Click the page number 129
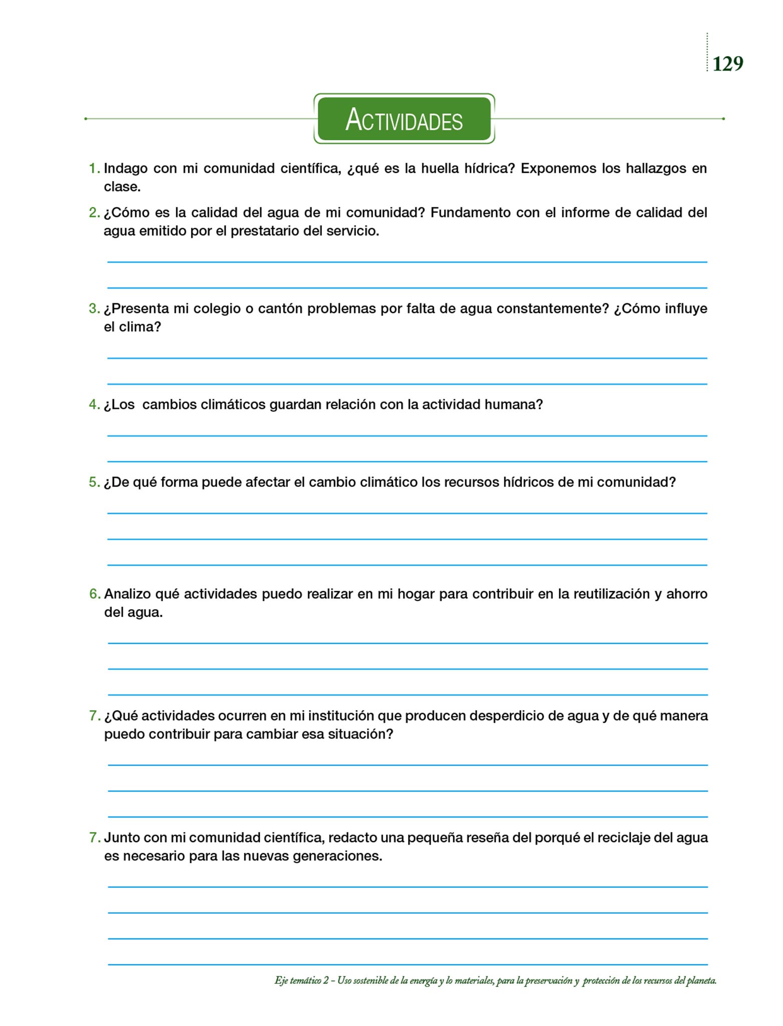(727, 64)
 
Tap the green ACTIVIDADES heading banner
(404, 119)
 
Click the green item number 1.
(93, 168)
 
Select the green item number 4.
(93, 404)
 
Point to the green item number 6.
(94, 594)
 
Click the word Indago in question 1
(126, 168)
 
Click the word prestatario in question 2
(265, 231)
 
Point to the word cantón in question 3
(280, 309)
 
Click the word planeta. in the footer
(701, 980)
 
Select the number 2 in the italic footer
(325, 980)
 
